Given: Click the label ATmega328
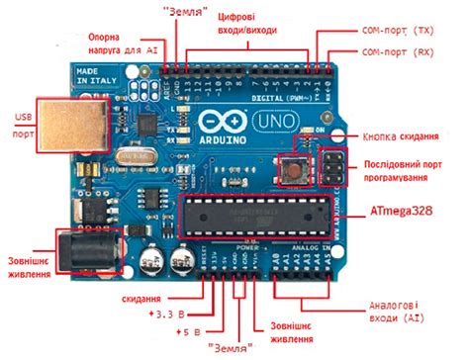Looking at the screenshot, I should (x=402, y=213).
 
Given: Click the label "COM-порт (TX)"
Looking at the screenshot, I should (x=401, y=31).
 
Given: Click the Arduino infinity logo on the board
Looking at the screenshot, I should (x=214, y=123).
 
